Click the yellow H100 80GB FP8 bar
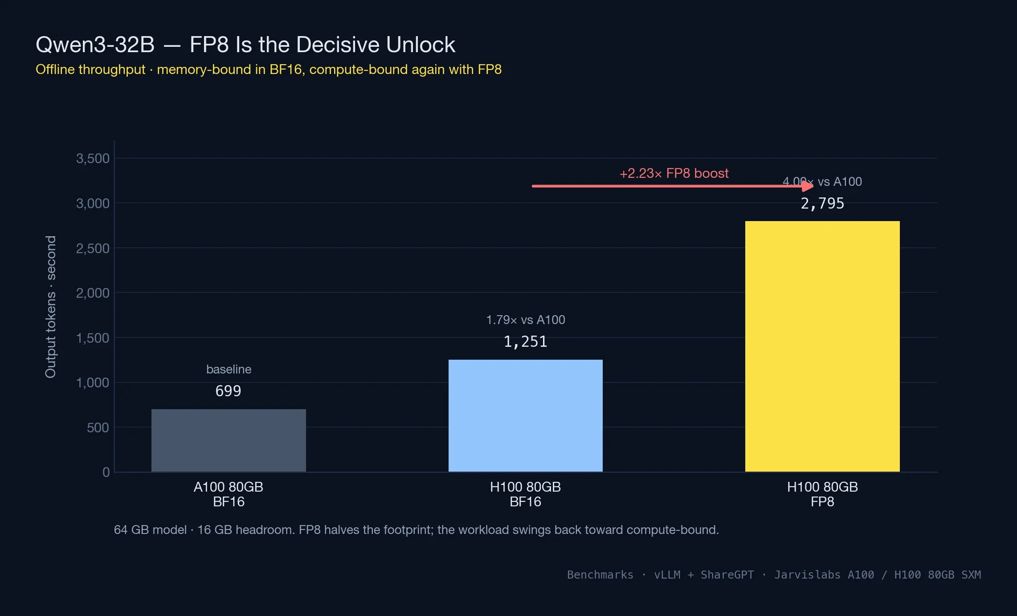click(x=822, y=346)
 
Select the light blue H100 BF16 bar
click(x=525, y=415)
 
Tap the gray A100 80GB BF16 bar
click(x=229, y=440)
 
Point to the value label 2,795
click(x=822, y=204)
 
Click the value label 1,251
click(x=525, y=342)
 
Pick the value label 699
click(x=228, y=391)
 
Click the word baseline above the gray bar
click(x=229, y=370)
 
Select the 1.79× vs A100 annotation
click(x=525, y=320)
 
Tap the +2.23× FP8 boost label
click(x=674, y=173)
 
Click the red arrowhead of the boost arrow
click(x=808, y=186)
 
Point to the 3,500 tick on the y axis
click(x=93, y=159)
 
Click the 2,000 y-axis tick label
click(x=93, y=293)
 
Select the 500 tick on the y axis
click(x=98, y=428)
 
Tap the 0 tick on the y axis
click(x=106, y=472)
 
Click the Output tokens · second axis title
click(x=51, y=307)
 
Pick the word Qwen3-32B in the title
click(x=95, y=45)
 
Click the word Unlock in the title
click(x=421, y=45)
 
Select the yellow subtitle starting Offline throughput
click(x=268, y=70)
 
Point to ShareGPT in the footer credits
click(x=727, y=575)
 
